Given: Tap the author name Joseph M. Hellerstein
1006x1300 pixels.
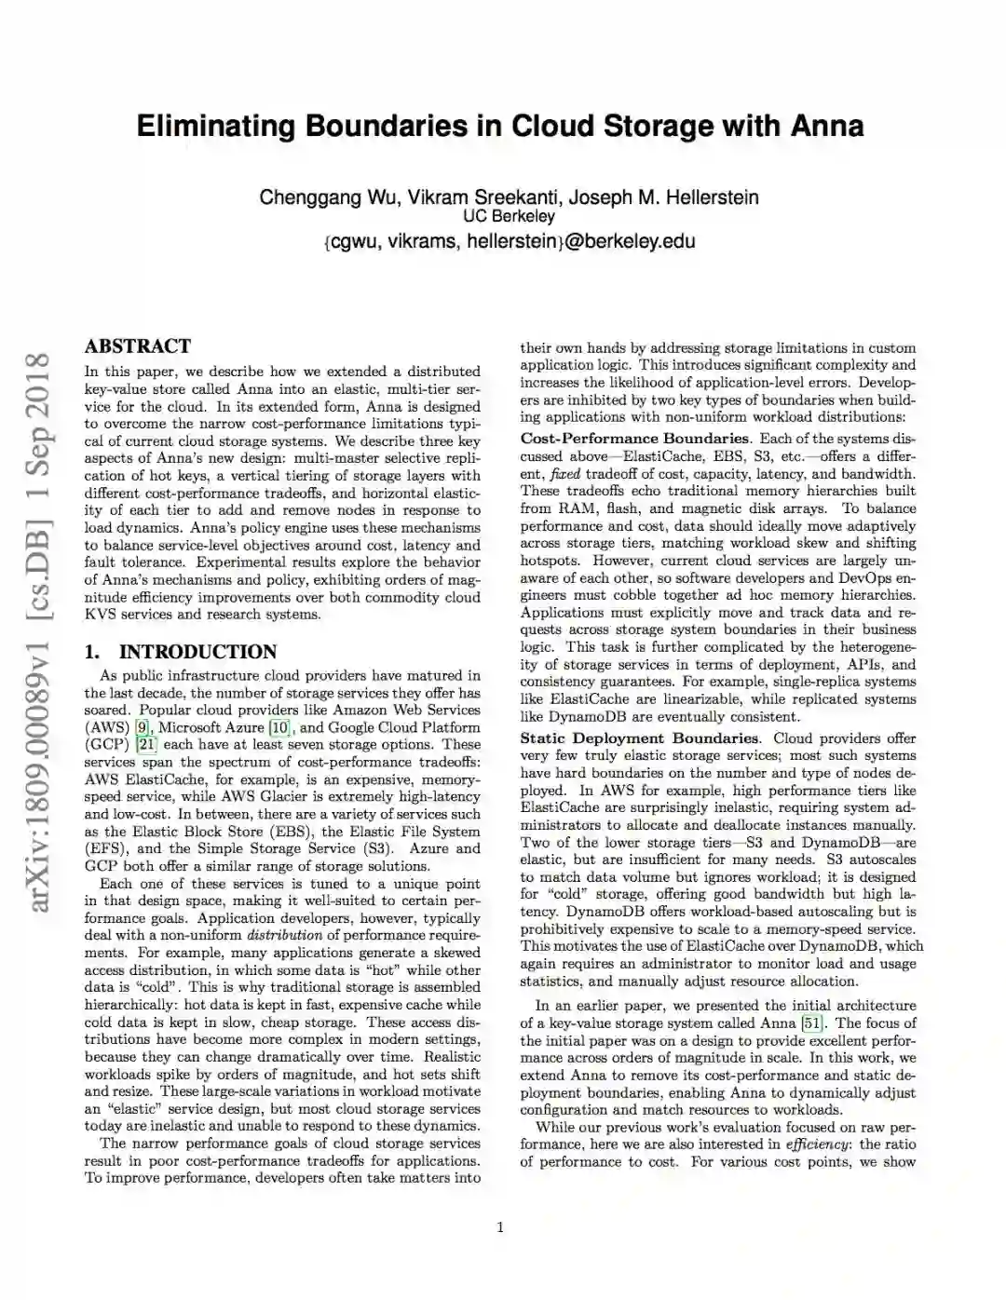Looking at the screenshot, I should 663,197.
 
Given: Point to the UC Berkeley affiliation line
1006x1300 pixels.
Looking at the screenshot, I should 509,217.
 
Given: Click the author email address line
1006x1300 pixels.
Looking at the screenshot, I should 509,241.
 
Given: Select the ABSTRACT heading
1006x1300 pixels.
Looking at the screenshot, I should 137,346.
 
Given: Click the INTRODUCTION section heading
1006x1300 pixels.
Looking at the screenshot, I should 197,652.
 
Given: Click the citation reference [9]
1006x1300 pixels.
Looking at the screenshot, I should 143,727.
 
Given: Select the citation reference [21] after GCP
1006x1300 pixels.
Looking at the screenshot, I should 146,745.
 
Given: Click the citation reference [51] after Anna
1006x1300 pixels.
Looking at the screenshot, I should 813,1023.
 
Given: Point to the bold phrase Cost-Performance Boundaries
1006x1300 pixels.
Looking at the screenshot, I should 634,439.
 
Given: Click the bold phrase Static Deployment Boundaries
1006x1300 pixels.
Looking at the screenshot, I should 639,738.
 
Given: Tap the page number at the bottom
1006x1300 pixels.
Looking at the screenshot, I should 500,1227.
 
